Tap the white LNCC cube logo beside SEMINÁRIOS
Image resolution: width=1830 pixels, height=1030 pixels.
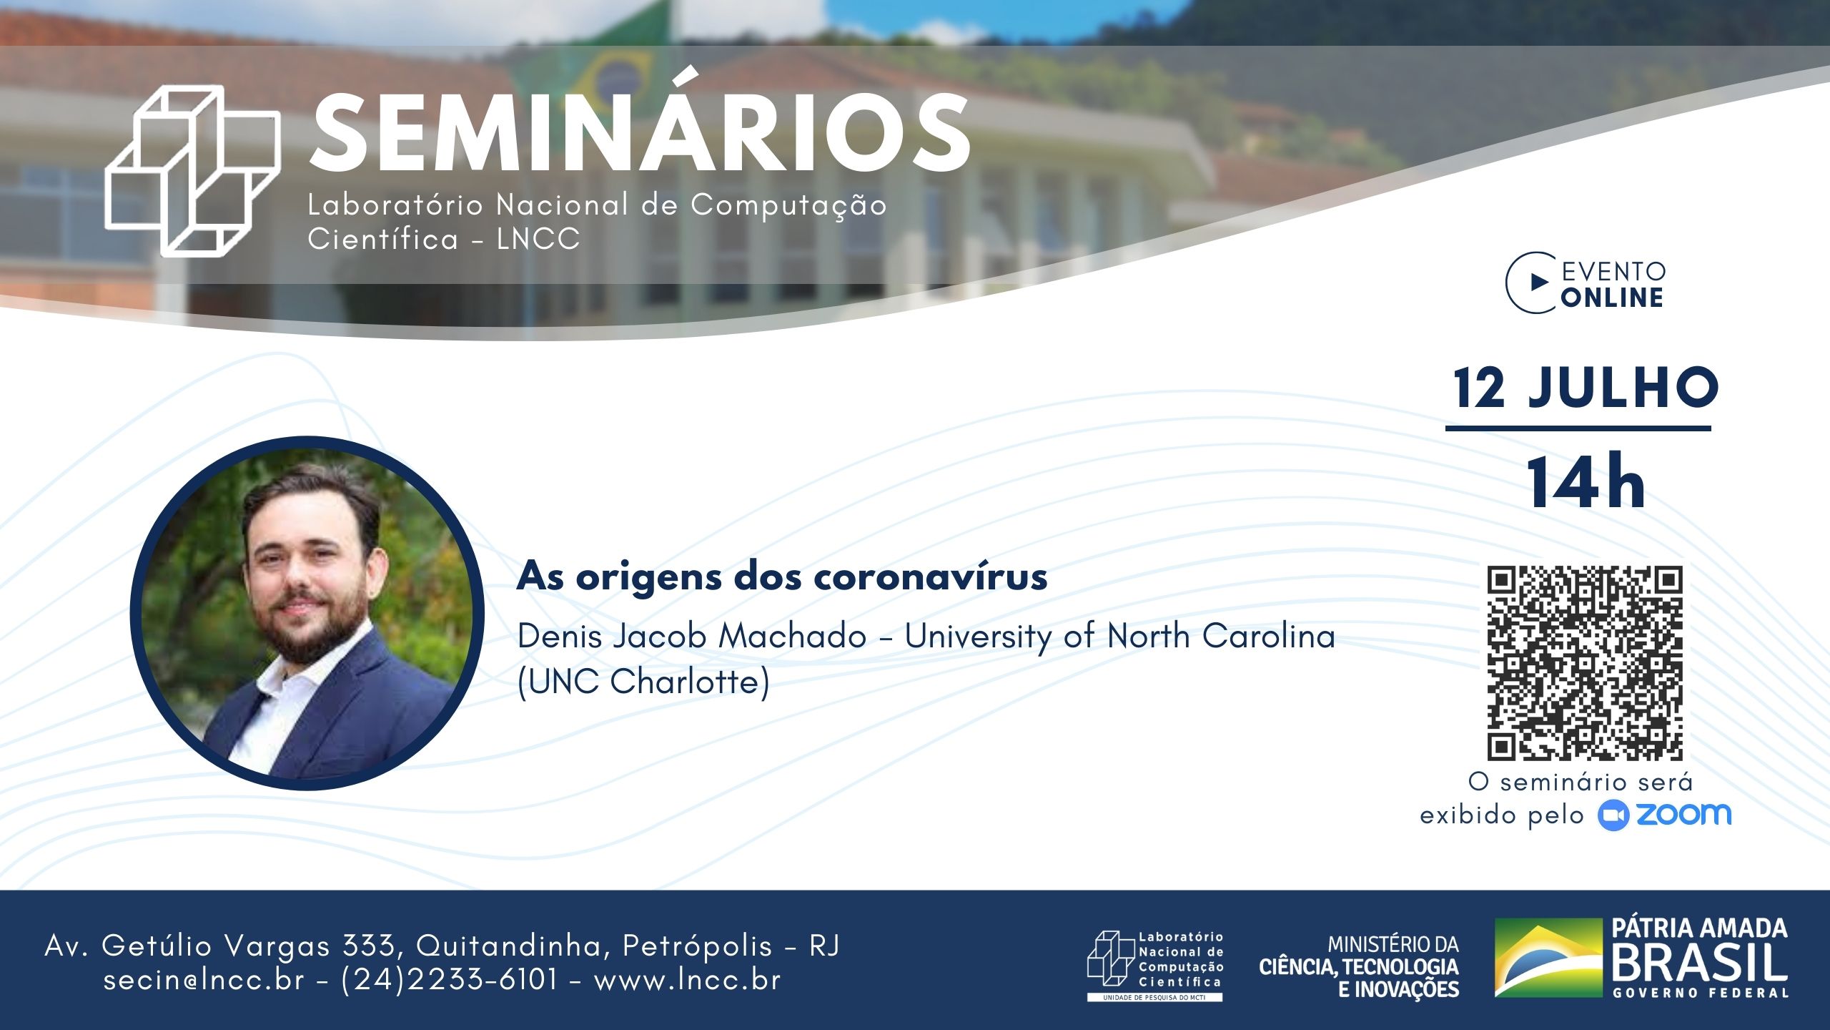(192, 171)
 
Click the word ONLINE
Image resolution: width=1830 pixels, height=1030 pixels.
(1612, 298)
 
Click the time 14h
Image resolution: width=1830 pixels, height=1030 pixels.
(1586, 484)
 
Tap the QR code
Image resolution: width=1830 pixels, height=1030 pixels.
(1585, 663)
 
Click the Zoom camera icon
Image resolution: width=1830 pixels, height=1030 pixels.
(1613, 816)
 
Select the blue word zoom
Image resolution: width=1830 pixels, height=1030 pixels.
(1683, 814)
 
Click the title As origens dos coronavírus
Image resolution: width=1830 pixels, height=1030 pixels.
(782, 577)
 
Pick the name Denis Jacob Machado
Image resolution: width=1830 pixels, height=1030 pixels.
(692, 636)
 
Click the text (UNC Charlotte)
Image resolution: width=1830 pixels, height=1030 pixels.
(643, 682)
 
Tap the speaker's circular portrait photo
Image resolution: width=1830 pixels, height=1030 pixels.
(307, 613)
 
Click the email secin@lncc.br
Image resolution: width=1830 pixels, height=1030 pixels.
(204, 980)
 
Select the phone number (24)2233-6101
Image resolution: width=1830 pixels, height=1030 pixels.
(449, 980)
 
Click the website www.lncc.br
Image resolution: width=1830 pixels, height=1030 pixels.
(687, 980)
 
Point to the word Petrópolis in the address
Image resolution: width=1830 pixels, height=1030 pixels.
(698, 946)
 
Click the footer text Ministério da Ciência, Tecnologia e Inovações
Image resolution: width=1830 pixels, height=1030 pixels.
(1359, 967)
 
